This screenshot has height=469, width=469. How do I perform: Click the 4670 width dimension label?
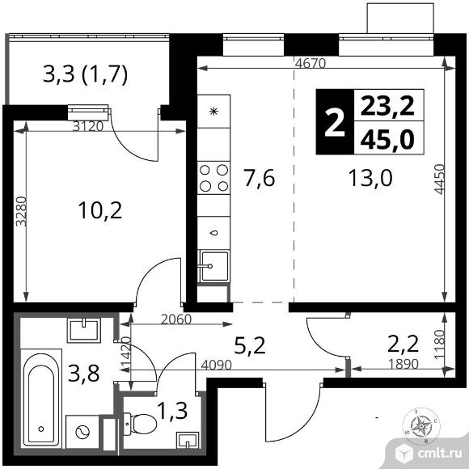pos(311,63)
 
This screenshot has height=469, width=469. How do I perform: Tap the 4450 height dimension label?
pos(439,180)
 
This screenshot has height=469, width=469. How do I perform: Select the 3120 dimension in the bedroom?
pos(88,126)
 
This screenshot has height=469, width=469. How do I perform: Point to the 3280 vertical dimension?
pos(21,211)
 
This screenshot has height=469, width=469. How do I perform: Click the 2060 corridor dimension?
pos(176,319)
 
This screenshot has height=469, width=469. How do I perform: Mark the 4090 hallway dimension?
pos(217,365)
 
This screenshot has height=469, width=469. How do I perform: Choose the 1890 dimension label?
pos(404,364)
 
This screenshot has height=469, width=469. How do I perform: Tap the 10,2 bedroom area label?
pos(100,210)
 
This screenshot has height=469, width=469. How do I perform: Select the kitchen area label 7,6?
pos(259,178)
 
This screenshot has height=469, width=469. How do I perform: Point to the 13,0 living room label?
pos(370,178)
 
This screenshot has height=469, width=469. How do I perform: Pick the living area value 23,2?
pos(387,106)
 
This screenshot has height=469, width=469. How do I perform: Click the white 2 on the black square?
pos(335,122)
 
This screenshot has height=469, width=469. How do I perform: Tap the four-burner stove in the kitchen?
pos(213,178)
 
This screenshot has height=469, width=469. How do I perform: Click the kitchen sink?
pos(213,266)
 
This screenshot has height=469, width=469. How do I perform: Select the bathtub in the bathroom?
pos(41,399)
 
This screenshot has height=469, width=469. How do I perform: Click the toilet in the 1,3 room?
pos(140,424)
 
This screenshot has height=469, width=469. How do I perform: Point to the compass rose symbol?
pos(420,426)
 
